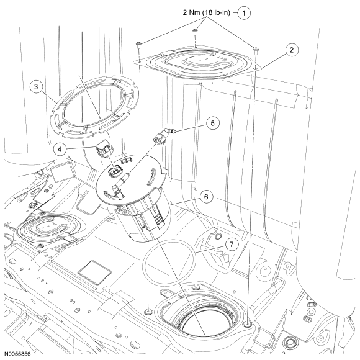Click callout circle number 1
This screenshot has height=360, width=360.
(244, 13)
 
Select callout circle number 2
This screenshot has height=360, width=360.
(292, 50)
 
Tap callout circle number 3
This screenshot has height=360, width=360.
(36, 86)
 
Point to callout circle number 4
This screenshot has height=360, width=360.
(60, 150)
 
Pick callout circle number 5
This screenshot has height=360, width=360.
(213, 123)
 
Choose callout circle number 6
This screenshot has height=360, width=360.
(206, 197)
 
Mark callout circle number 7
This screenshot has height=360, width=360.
(232, 245)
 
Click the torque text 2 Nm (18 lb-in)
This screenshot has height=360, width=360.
(206, 12)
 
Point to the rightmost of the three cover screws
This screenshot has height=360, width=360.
(255, 50)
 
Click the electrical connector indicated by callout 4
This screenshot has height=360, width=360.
(104, 148)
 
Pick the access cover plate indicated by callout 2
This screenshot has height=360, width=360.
(197, 62)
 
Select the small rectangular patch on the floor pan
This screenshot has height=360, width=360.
(95, 272)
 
